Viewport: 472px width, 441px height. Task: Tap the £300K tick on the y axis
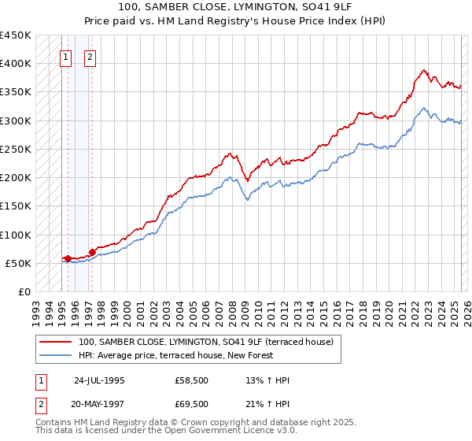(16, 120)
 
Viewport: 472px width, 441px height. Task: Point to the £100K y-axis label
(16, 235)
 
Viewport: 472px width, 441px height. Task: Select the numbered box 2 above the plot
(90, 57)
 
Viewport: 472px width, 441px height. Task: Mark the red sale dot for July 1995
(68, 258)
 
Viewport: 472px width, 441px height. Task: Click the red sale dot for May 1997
(92, 252)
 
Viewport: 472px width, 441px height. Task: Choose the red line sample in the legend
(56, 342)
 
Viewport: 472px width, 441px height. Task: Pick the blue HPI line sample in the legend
(56, 355)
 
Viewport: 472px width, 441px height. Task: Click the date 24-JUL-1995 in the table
(99, 380)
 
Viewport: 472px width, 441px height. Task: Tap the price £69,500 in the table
(192, 403)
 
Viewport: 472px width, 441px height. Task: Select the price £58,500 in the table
(192, 380)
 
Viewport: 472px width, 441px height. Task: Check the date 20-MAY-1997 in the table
(98, 403)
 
